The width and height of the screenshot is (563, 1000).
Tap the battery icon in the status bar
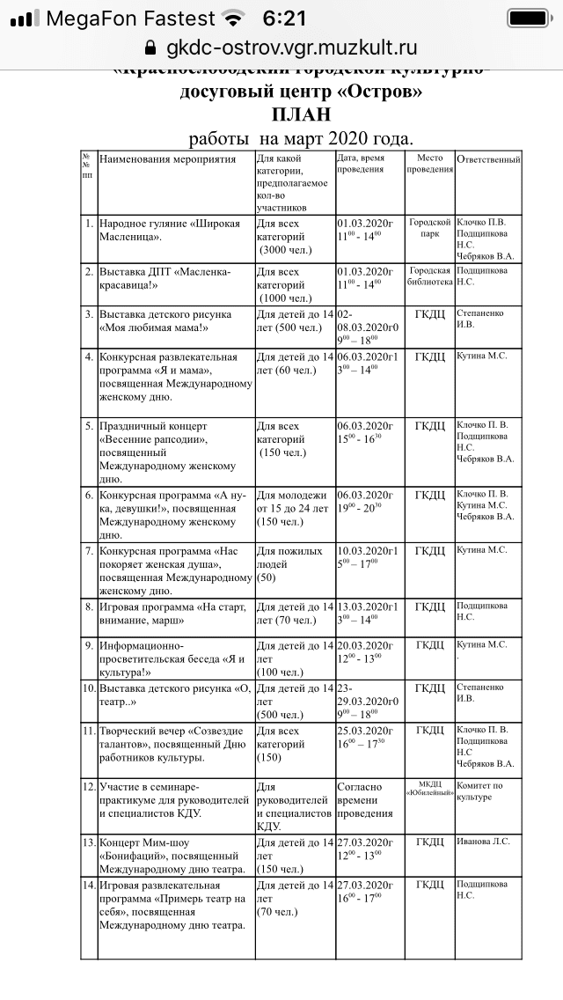(528, 18)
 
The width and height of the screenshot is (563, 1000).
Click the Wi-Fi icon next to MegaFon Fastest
(233, 18)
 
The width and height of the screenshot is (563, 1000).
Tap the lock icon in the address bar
(150, 48)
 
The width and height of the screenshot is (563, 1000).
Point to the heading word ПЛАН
(301, 114)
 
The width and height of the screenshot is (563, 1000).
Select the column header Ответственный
(488, 159)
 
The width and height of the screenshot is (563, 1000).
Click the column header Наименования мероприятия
(167, 159)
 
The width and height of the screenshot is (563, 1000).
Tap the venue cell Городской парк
(430, 229)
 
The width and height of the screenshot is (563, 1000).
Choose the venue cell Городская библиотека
(430, 276)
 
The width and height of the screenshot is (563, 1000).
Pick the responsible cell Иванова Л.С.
(483, 842)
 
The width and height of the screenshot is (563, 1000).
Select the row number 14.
(88, 885)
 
